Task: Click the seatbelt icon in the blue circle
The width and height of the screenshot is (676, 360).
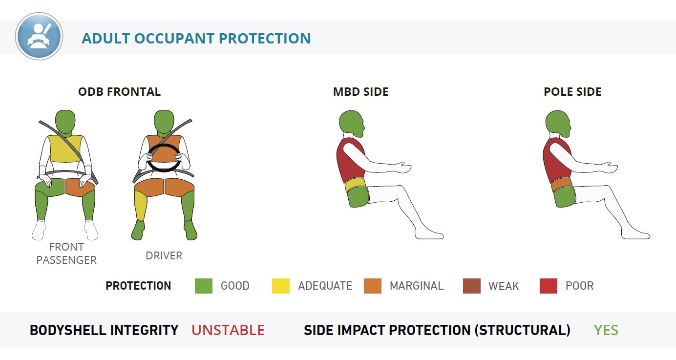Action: (39, 36)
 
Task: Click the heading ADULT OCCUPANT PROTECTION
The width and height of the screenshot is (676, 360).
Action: (196, 38)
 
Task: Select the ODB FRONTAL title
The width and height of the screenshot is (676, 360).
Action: (119, 92)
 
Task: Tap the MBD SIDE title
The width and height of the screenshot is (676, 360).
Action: (360, 92)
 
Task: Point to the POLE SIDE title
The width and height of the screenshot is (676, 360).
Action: (572, 92)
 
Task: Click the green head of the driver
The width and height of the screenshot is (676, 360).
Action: (164, 121)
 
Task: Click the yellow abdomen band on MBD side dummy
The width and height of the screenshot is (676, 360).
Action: (355, 184)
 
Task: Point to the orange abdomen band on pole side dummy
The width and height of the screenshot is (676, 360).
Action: (562, 184)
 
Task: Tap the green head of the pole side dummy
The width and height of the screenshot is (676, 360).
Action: (557, 123)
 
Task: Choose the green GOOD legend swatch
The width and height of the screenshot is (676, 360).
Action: (204, 286)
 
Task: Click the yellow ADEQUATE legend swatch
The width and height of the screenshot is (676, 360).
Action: (281, 286)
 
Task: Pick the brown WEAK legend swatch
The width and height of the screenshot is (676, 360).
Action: (472, 286)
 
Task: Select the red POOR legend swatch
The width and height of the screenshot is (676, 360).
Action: (549, 286)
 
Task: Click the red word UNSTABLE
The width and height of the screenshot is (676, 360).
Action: (228, 330)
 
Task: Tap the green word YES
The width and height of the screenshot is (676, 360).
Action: (606, 330)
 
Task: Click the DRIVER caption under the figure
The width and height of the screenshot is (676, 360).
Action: (164, 256)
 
